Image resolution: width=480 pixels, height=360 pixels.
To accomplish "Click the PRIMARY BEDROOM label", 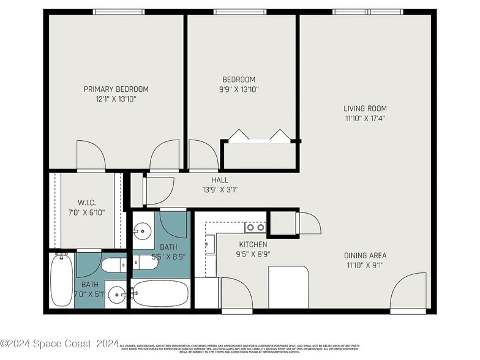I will (116, 89).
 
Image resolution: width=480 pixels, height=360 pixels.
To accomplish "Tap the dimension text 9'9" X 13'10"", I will (239, 89).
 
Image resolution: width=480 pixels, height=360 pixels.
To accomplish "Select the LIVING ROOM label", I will (365, 108).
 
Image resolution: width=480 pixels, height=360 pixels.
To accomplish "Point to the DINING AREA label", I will (365, 255).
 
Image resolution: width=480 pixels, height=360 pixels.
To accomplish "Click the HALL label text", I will (220, 180).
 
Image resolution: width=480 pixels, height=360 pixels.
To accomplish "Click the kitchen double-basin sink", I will (255, 227).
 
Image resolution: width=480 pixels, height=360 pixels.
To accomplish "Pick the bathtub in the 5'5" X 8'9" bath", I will (160, 294).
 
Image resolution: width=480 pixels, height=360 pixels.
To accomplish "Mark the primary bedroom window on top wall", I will (119, 12).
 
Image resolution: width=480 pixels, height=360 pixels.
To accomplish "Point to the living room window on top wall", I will (367, 12).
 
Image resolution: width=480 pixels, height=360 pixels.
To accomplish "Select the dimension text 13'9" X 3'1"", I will (220, 190).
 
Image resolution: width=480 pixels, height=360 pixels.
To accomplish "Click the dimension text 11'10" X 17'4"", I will (365, 118).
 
